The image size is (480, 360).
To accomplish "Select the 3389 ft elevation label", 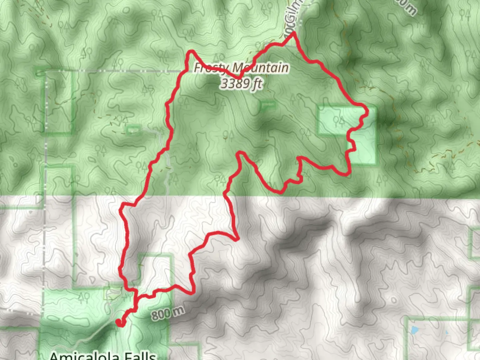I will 241,84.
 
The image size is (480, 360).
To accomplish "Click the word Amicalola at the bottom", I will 84,356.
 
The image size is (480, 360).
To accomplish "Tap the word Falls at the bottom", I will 140,356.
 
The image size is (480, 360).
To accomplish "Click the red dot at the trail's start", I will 119,322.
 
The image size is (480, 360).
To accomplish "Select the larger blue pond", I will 414,330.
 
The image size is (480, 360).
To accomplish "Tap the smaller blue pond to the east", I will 446,333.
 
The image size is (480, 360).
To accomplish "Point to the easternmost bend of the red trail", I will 367,112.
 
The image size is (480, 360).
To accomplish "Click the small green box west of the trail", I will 133,130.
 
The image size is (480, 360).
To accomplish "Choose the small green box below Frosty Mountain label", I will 268,105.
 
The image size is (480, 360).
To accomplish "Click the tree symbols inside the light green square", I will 339,121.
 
